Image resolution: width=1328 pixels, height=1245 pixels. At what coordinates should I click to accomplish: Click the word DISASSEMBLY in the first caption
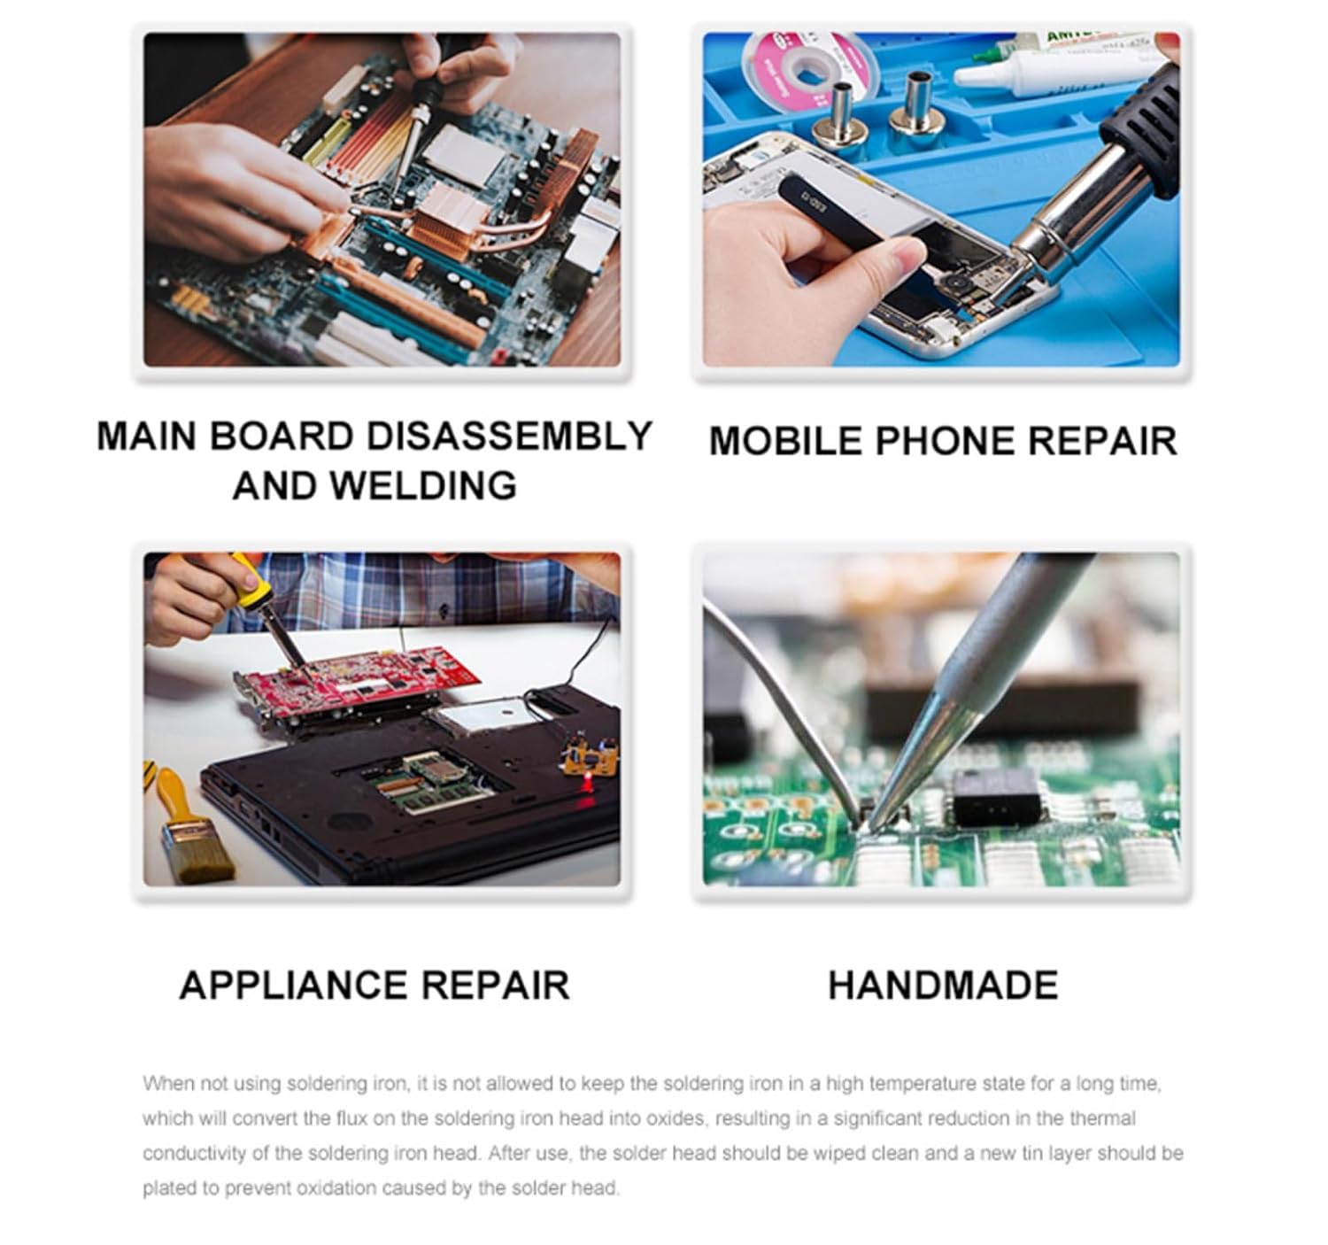[x=509, y=437]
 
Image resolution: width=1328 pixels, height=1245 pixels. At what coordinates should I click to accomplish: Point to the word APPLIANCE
[x=292, y=986]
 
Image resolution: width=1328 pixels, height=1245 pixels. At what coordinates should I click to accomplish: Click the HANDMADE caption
[x=943, y=986]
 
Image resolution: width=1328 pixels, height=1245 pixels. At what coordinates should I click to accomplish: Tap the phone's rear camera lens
[x=956, y=285]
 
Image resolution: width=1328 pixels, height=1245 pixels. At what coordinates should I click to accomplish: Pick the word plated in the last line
[x=165, y=1187]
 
